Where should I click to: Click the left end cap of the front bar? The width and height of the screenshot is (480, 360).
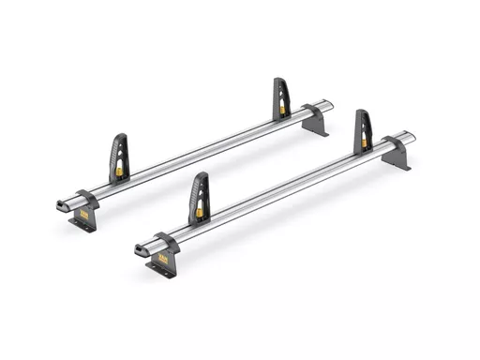141,249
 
